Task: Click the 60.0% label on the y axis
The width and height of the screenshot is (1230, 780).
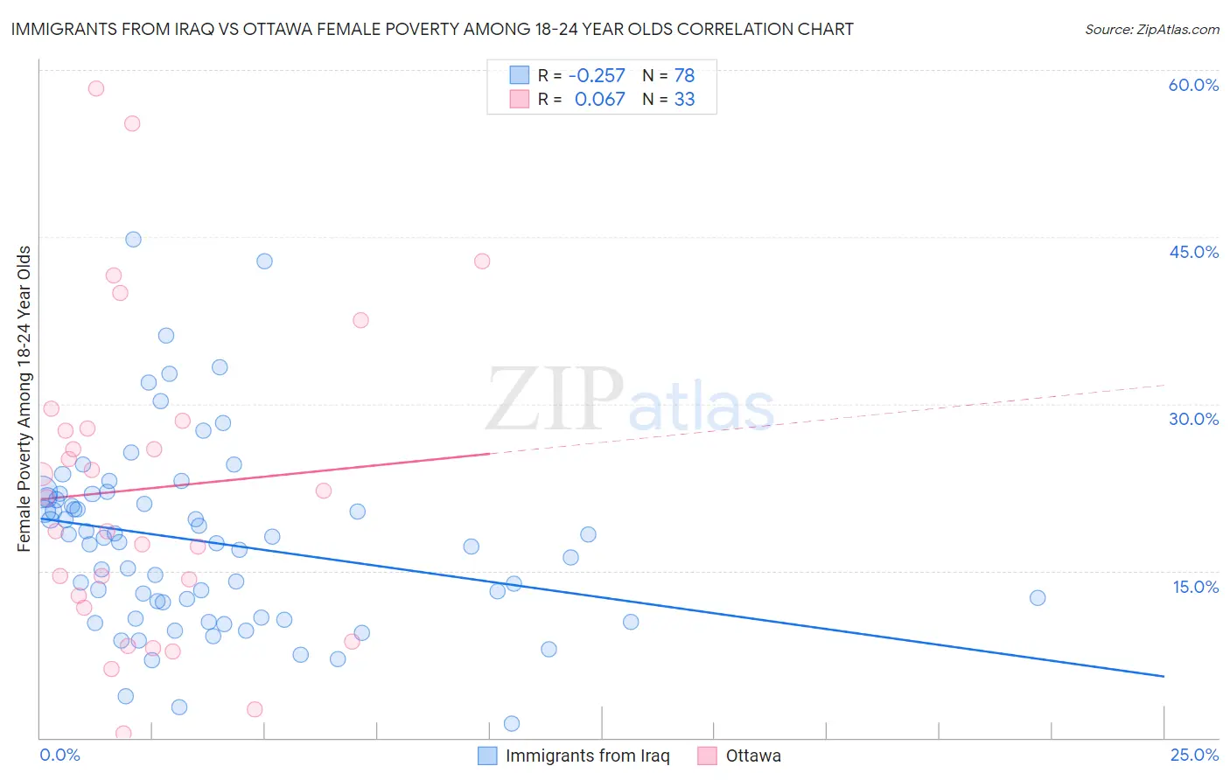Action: [1193, 85]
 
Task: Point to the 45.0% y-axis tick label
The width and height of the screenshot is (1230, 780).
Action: [1193, 252]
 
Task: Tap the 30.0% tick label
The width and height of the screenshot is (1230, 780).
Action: [1193, 419]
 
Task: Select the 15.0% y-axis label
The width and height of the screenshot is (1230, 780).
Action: [1195, 587]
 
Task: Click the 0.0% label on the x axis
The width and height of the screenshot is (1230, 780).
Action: [59, 755]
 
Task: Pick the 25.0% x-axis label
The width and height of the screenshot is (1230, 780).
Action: [1194, 755]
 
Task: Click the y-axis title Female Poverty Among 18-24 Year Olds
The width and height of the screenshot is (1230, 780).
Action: [24, 399]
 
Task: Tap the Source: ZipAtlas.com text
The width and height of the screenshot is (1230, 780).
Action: [1151, 29]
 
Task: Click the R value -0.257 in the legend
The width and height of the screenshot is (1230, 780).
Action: [597, 75]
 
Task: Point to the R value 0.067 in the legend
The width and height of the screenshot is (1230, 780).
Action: [599, 100]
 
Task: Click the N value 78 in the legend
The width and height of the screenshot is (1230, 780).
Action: [684, 75]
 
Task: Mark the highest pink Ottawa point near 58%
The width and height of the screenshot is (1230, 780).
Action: [96, 88]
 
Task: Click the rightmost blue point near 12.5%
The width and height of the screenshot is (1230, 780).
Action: [1038, 598]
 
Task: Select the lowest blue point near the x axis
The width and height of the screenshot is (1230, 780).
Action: [512, 723]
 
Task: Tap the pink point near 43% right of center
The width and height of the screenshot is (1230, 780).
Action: [482, 261]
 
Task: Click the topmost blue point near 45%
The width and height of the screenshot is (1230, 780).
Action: [133, 240]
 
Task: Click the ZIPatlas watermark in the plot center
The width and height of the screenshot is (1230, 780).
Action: [630, 400]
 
